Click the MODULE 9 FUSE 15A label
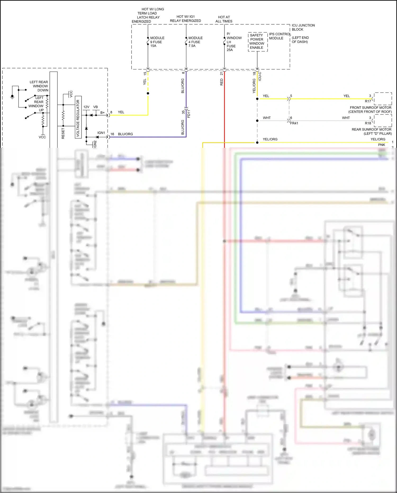pos(157,42)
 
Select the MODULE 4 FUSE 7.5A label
pos(195,42)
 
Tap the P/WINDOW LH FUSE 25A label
pos(234,42)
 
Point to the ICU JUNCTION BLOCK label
pos(303,27)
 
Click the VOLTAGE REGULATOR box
pos(78,117)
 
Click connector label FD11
pos(189,114)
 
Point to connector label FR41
pos(294,123)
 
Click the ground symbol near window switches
pos(12,97)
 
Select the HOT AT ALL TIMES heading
pos(224,19)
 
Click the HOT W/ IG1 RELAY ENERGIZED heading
pos(185,19)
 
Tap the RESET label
pos(63,133)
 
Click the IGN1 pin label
pos(101,133)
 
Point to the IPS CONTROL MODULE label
pos(279,36)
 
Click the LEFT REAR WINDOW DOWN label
pos(39,86)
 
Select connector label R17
pos(368,101)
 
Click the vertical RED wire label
pos(222,82)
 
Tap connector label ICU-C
pos(260,76)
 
